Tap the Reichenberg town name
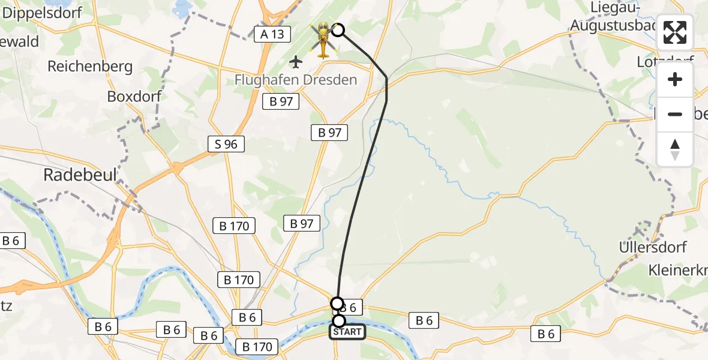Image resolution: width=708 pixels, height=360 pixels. (x=90, y=66)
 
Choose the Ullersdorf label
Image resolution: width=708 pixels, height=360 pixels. (x=652, y=247)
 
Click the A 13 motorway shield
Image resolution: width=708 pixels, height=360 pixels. (x=272, y=34)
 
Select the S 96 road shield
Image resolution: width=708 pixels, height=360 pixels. (x=226, y=144)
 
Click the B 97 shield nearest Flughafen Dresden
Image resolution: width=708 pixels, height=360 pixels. (x=281, y=101)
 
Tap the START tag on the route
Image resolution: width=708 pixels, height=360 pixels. (x=347, y=332)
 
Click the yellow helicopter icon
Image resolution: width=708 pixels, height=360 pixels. (x=323, y=40)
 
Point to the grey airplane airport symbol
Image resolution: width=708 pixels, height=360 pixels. (x=296, y=61)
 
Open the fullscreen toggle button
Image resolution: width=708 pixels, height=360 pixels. (x=675, y=33)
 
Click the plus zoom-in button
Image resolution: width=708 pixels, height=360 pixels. (x=675, y=79)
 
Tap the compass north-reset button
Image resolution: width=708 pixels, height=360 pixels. (x=675, y=149)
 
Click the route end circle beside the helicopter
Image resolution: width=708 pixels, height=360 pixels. (x=338, y=30)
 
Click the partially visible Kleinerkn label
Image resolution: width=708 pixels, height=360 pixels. (x=678, y=270)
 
